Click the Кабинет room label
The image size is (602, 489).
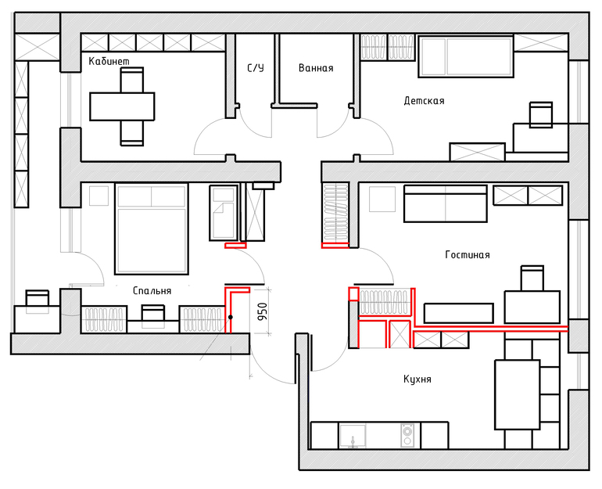tap(109, 61)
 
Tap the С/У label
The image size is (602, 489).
tap(256, 68)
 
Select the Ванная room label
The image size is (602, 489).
tap(316, 68)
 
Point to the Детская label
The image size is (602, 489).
tap(425, 101)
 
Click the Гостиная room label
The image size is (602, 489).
tap(468, 255)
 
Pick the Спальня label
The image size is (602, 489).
tap(152, 291)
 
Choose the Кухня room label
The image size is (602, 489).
tap(417, 379)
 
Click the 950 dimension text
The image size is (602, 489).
tap(262, 313)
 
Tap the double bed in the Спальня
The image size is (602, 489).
tap(152, 229)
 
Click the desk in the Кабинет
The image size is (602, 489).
tap(122, 106)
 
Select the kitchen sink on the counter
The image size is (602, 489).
tap(353, 436)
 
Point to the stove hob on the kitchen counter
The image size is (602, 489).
tap(407, 435)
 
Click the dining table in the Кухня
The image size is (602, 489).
tap(518, 394)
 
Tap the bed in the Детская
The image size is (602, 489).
tap(466, 57)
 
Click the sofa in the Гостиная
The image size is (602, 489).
tap(446, 203)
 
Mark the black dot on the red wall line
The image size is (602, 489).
tap(231, 318)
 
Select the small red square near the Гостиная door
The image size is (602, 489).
tap(353, 294)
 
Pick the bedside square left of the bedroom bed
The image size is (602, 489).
tap(99, 196)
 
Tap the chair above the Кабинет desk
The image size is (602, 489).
tap(132, 80)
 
